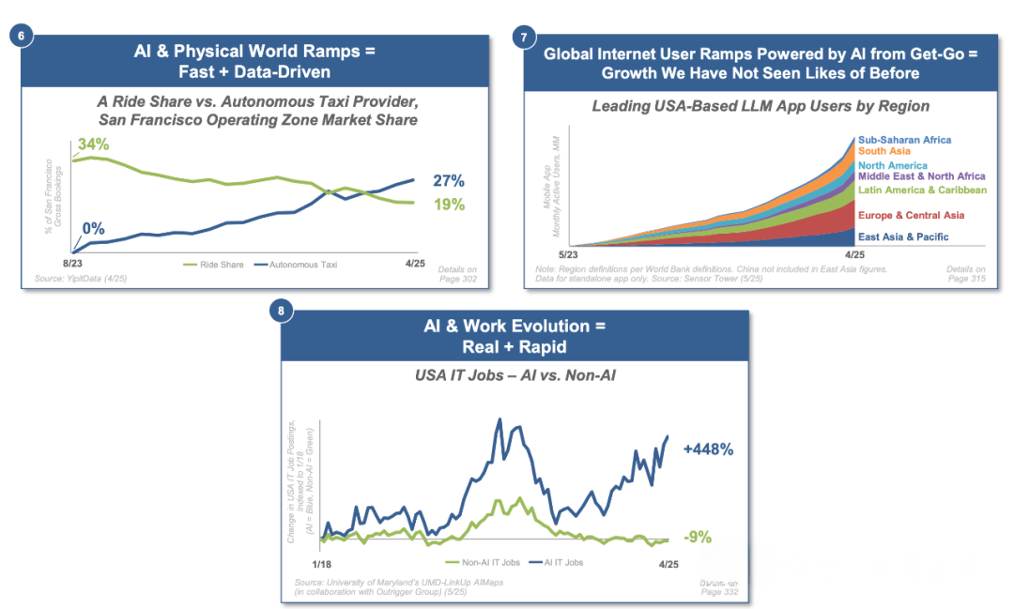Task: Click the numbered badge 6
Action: coord(22,37)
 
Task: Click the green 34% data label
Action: coord(93,145)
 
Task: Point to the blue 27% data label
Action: coord(449,181)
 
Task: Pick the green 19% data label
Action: coord(449,205)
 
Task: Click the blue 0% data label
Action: coord(93,228)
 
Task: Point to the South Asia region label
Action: coord(884,151)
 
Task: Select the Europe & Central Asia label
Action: coord(910,216)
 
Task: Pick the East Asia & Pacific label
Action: coord(903,237)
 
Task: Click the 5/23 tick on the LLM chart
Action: coord(569,254)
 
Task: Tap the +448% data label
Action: coord(708,449)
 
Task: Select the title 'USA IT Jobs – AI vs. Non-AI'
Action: coord(515,377)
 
